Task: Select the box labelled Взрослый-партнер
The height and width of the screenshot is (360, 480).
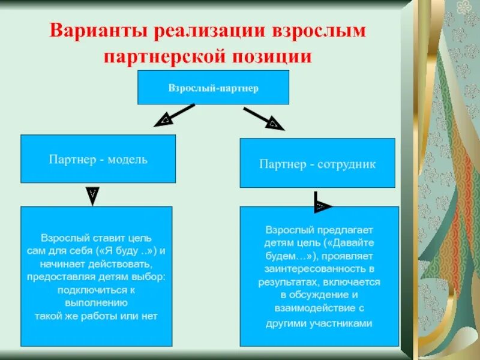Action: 214,88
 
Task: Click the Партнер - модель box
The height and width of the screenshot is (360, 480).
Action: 98,159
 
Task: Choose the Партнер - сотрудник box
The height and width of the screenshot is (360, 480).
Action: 317,163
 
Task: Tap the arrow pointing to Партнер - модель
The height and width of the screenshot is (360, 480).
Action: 173,115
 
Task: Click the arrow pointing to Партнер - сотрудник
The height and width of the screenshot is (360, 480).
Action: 264,118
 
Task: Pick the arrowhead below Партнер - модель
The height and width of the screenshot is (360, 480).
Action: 92,196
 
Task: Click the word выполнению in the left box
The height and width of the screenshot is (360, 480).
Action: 97,303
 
